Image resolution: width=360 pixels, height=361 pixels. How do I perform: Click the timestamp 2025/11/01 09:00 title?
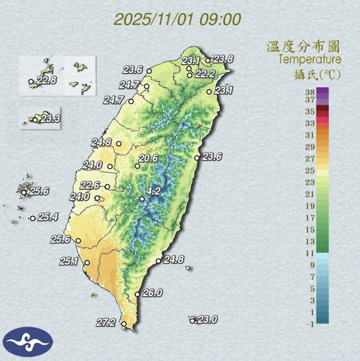tap(178, 19)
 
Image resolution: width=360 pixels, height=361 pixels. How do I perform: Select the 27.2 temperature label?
tap(106, 322)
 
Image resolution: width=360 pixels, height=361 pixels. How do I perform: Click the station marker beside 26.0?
tap(137, 294)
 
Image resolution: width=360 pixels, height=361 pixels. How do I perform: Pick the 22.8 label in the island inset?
tap(46, 80)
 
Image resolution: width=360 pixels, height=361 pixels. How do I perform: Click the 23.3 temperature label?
tap(49, 118)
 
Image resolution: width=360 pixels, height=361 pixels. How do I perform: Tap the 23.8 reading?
tap(223, 59)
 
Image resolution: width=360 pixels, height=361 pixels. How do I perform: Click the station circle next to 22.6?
tap(107, 187)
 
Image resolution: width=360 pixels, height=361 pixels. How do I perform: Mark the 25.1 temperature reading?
tap(70, 262)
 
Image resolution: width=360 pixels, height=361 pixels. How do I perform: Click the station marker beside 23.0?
tap(192, 321)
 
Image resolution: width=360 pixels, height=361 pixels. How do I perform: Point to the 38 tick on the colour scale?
tap(310, 91)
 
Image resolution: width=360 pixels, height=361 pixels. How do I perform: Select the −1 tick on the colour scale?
tap(309, 324)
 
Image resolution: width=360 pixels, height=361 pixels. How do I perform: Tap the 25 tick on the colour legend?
tap(310, 170)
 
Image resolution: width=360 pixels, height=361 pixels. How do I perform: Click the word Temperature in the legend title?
tap(310, 60)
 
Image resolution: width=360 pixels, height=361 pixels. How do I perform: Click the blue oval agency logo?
tap(28, 342)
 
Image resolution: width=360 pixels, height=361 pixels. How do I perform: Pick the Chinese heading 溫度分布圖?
tap(303, 47)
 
